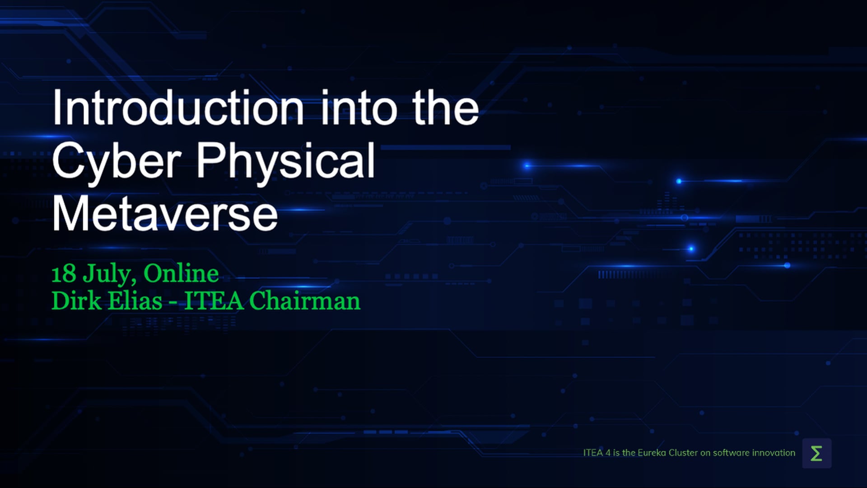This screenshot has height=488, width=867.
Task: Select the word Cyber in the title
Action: (x=117, y=161)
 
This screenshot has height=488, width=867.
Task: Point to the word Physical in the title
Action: (x=285, y=161)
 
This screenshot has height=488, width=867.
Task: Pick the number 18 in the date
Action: (x=64, y=274)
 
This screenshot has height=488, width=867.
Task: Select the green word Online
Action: (x=181, y=273)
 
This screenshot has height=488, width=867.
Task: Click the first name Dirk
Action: (x=76, y=300)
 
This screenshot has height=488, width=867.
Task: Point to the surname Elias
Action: (x=135, y=300)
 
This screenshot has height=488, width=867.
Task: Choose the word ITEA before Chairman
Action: (x=214, y=301)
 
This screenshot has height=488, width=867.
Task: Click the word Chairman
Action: (x=305, y=300)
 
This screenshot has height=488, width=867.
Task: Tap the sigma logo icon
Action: (x=816, y=453)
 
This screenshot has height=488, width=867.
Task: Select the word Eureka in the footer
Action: (x=652, y=453)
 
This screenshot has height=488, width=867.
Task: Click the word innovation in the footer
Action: (x=774, y=453)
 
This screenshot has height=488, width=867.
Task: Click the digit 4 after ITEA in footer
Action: (x=608, y=453)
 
